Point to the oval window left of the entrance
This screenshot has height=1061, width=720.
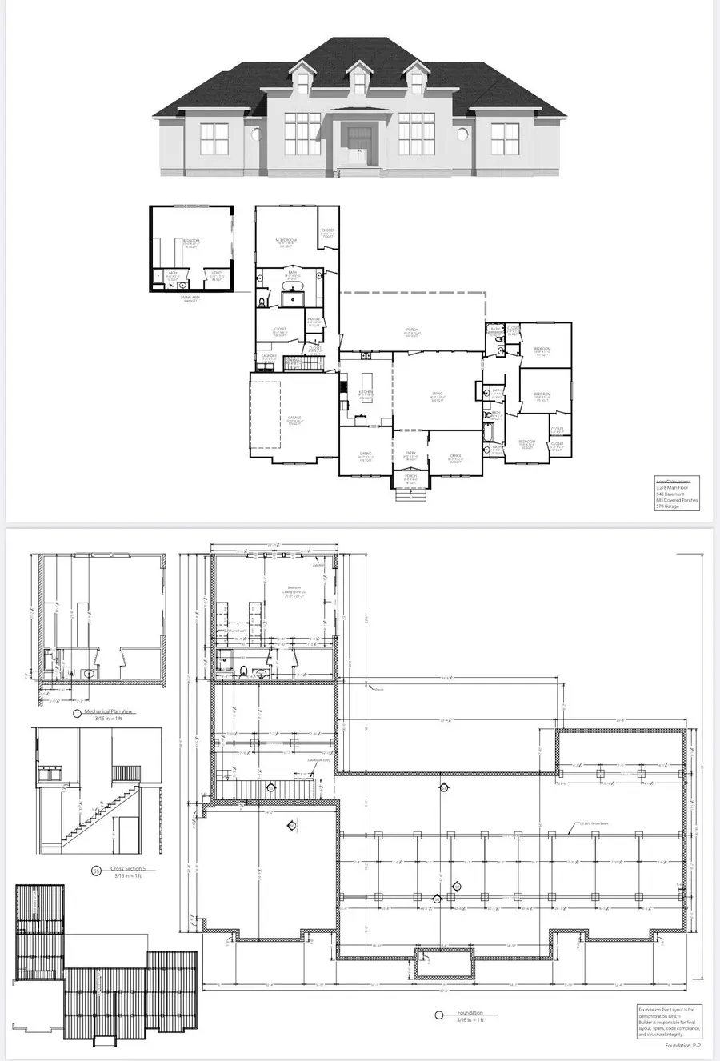(x=258, y=134)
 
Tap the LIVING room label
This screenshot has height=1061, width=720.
(x=437, y=394)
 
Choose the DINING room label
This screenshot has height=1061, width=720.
(x=366, y=456)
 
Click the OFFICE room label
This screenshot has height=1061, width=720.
(x=455, y=458)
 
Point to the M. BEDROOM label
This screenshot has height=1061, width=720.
(x=286, y=241)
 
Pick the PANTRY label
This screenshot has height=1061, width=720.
(x=314, y=320)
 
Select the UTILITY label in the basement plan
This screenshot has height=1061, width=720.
(x=216, y=274)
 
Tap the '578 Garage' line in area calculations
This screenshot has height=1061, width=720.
(x=667, y=506)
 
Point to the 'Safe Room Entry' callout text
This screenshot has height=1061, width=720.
(x=318, y=761)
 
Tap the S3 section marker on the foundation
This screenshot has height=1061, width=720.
(x=456, y=886)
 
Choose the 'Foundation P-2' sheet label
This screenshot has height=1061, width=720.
(x=682, y=1045)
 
